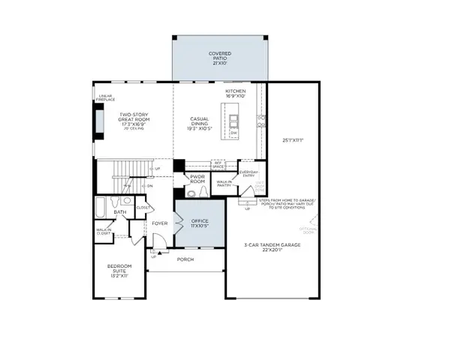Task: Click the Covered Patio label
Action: tap(220, 57)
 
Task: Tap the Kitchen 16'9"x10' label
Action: tap(236, 94)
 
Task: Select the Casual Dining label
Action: tap(199, 123)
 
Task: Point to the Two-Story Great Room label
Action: tap(135, 120)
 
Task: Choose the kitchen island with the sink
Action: tap(233, 120)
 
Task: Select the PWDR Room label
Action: tap(197, 178)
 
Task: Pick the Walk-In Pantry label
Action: tap(224, 183)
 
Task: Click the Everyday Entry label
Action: tap(249, 174)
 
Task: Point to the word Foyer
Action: tap(160, 223)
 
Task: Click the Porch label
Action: tap(185, 259)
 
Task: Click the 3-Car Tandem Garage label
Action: tap(271, 247)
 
